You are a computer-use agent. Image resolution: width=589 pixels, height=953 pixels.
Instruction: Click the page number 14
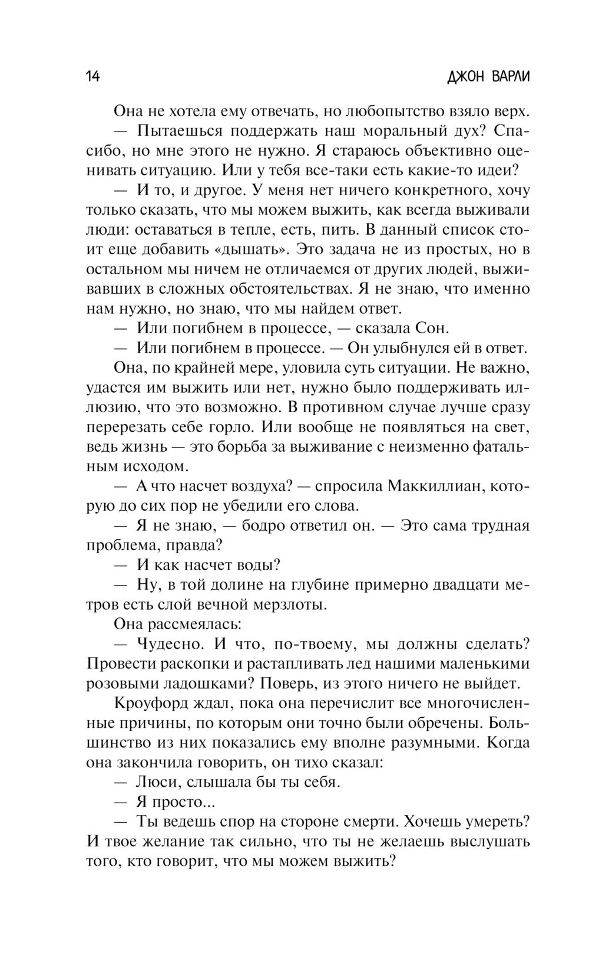(x=93, y=77)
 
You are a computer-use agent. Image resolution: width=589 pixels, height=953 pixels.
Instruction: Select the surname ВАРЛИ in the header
(x=509, y=77)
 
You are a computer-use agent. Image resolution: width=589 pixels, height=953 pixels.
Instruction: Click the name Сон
(x=432, y=328)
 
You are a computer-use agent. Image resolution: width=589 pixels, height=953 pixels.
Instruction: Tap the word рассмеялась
(x=187, y=623)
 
